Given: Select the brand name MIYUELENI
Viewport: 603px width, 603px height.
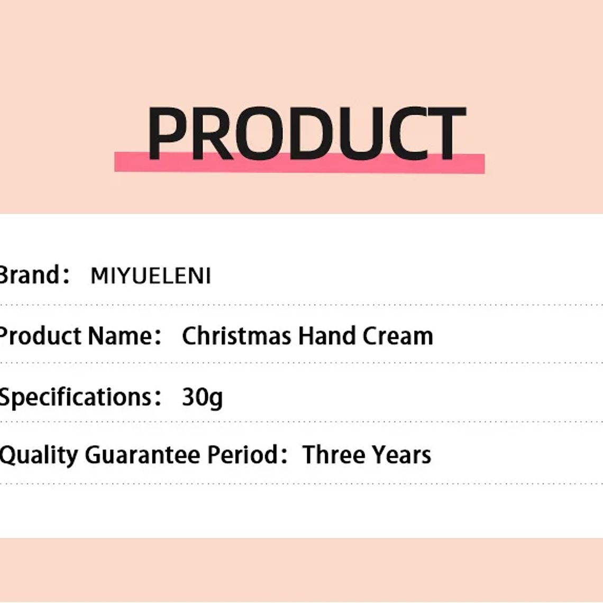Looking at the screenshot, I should (x=151, y=276).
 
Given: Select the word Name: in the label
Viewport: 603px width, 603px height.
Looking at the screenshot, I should (x=125, y=336).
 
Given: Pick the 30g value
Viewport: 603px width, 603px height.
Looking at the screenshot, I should (x=202, y=397).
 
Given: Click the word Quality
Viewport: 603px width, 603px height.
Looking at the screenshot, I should (x=38, y=455).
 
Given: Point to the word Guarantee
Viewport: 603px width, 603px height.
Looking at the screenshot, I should (x=142, y=455).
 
